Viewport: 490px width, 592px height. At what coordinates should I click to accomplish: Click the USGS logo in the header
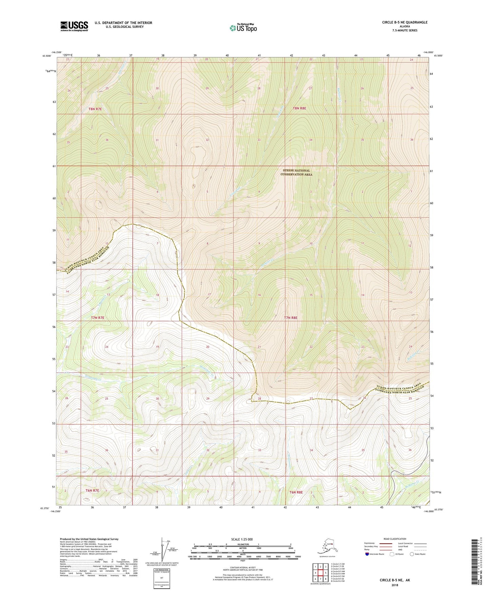(74, 26)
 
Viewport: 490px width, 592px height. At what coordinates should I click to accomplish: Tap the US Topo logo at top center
(243, 28)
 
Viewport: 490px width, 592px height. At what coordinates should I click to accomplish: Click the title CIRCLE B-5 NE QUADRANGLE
(405, 22)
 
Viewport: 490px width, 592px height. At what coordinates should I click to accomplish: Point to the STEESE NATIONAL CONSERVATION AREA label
(296, 173)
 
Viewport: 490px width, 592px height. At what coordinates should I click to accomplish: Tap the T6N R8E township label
(296, 492)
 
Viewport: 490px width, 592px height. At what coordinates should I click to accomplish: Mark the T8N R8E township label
(299, 108)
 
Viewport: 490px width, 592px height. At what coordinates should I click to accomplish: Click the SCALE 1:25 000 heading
(242, 539)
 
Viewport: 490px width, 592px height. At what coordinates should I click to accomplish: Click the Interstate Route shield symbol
(367, 554)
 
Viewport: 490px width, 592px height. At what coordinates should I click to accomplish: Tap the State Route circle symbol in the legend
(412, 554)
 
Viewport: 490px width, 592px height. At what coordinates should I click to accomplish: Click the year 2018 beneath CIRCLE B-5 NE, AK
(395, 585)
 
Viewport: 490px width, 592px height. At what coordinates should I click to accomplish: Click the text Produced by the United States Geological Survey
(89, 539)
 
